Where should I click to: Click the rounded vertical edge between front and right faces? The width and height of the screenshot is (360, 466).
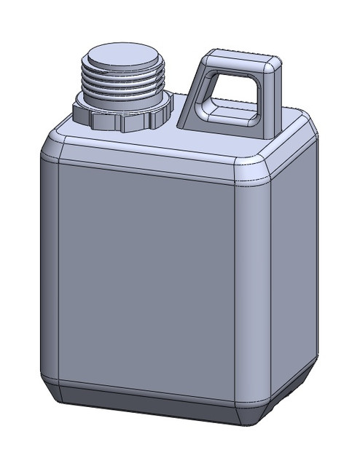coord(252,291)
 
